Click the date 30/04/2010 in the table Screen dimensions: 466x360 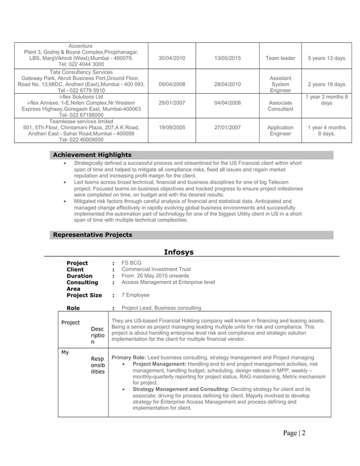pos(172,58)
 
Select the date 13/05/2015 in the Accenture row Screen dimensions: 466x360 pos(227,58)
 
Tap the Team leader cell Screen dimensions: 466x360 pos(280,58)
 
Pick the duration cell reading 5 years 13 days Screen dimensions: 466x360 pos(327,58)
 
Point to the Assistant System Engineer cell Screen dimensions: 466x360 pos(280,84)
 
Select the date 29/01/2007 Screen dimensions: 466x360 pos(172,103)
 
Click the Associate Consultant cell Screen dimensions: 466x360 pos(280,106)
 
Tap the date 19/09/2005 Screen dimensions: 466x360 pos(172,128)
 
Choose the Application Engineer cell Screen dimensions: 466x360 pos(280,131)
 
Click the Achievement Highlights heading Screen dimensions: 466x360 pos(92,155)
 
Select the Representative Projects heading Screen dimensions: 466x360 pos(92,235)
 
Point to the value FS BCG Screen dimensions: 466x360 pos(131,263)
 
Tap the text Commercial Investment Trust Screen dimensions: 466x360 pos(156,270)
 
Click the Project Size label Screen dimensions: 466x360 pos(84,295)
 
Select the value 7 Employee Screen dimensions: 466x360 pos(135,295)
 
